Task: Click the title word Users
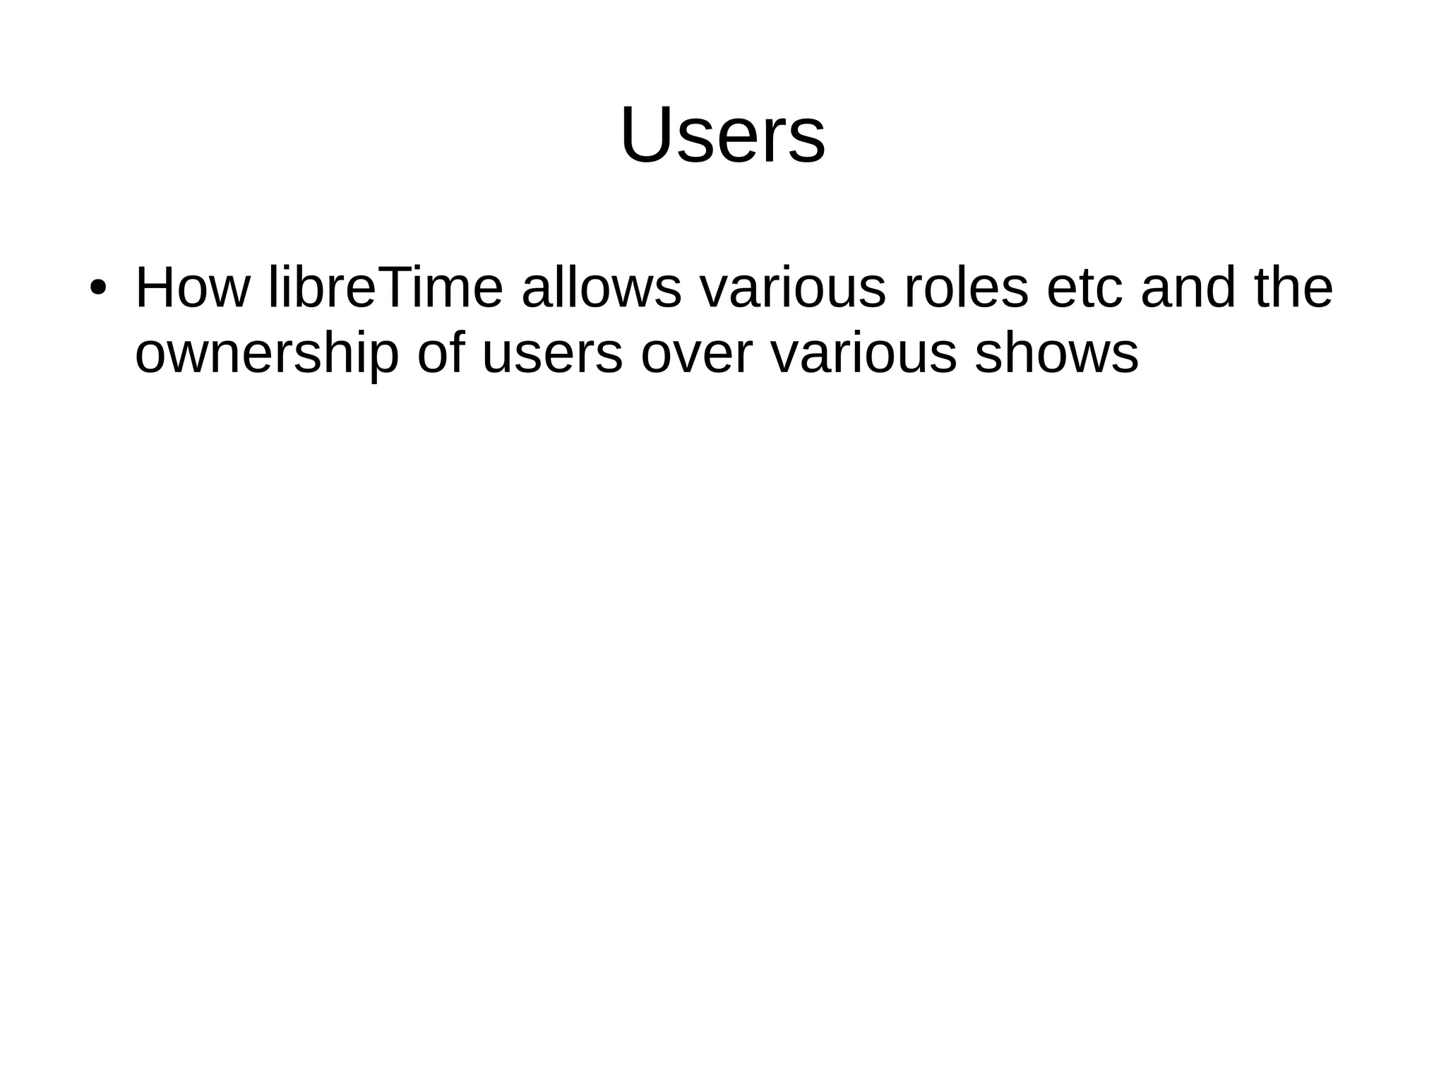tap(722, 135)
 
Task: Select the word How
tap(192, 288)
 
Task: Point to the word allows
tap(602, 288)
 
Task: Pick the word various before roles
tap(792, 288)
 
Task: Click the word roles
tap(966, 288)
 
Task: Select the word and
tap(1188, 288)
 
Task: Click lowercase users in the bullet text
tap(552, 355)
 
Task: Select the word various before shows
tap(864, 353)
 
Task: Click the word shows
tap(1056, 353)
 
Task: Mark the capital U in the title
tap(646, 135)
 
